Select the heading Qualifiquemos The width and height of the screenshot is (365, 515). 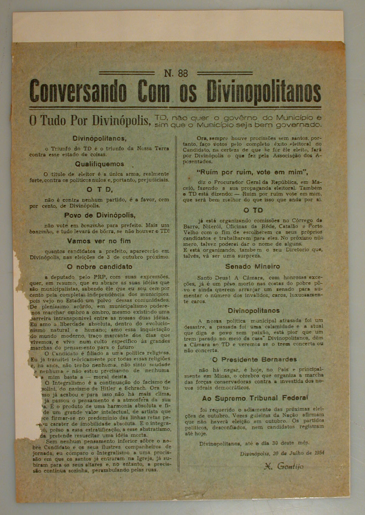pos(99,164)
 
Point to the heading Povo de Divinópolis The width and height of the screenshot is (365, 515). pos(100,215)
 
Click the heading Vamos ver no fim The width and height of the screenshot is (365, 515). pos(99,241)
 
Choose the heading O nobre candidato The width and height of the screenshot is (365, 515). pos(99,267)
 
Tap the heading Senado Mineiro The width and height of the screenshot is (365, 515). pos(252,266)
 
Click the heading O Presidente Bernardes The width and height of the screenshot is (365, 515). pos(254,360)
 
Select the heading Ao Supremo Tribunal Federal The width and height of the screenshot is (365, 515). pos(255,398)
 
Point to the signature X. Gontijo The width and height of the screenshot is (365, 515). pos(284,466)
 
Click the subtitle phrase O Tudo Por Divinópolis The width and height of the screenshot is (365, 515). pos(90,120)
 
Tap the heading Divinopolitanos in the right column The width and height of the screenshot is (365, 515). pos(253,311)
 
